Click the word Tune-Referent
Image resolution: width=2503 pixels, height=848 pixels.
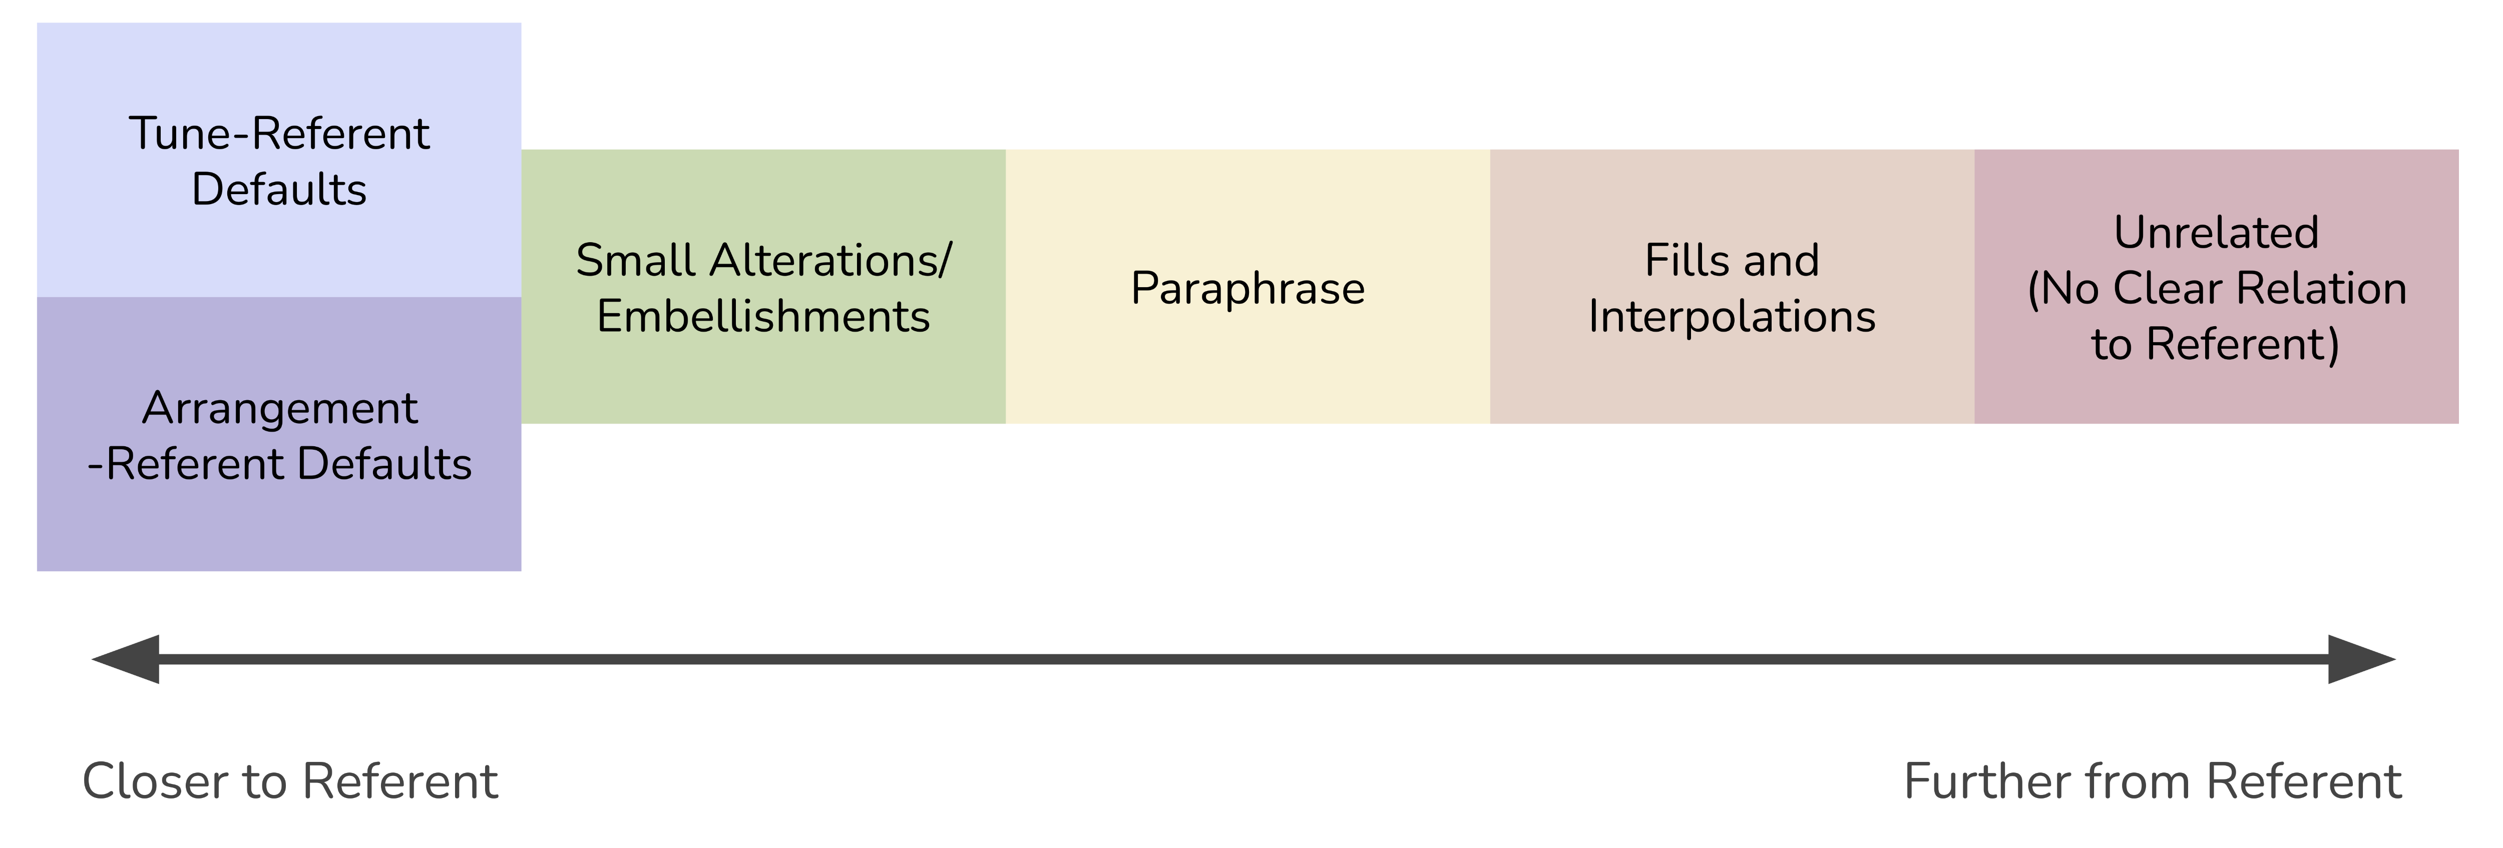(279, 133)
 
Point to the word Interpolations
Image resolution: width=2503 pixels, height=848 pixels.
(1732, 317)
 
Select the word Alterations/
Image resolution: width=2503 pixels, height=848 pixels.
(831, 260)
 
